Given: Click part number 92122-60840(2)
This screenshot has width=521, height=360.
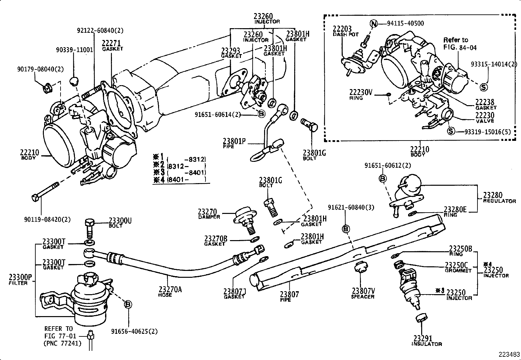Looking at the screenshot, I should tap(100, 30).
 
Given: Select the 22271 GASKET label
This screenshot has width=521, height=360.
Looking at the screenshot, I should tap(112, 45).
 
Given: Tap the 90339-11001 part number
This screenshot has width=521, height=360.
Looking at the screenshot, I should tap(74, 50).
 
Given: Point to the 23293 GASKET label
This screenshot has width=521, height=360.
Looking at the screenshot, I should tap(231, 53).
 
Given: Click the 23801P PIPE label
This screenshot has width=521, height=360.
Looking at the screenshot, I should tap(234, 143).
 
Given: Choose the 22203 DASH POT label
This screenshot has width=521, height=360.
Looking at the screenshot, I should tap(346, 31).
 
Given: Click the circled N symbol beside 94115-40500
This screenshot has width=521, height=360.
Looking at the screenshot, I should tap(374, 24).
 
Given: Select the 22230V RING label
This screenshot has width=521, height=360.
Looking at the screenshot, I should tap(360, 94).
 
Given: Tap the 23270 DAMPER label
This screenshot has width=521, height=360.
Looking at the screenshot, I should tap(209, 214).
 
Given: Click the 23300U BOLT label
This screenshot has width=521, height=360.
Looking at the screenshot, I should tap(120, 222).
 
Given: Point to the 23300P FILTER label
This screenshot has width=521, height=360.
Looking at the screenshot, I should tap(20, 279).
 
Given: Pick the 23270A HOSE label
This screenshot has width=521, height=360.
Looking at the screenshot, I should tap(170, 291).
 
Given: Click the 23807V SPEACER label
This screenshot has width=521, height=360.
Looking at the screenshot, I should tap(363, 293).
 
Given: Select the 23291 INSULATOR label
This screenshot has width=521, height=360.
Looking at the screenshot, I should tap(426, 341).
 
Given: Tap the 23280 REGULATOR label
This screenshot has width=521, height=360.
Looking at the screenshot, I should tap(499, 198).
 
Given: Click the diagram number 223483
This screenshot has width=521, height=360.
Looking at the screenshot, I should tap(509, 354).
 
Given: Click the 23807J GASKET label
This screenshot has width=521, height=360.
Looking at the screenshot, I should tap(234, 294).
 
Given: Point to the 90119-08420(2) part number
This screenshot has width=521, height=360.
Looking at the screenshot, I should tap(47, 219).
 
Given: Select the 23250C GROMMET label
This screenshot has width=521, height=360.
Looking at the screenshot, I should tap(458, 267).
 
